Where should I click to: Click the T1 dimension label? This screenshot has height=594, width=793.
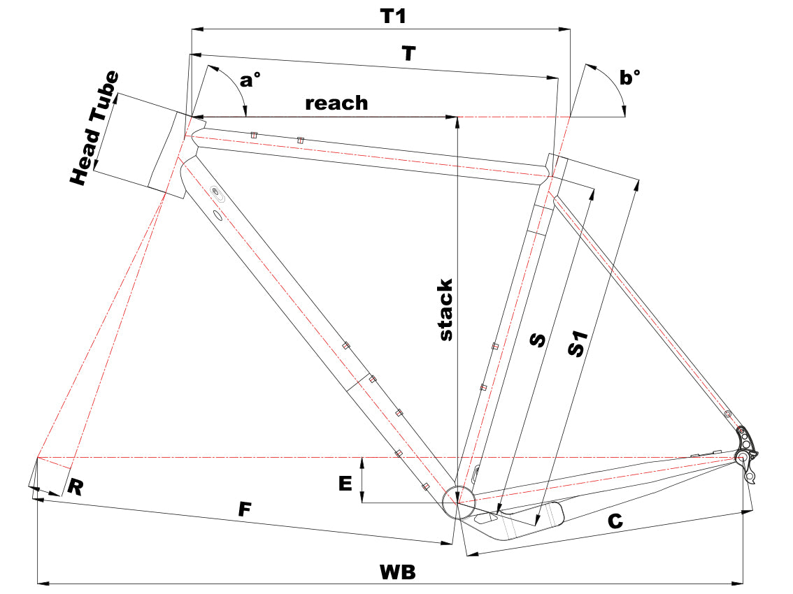pyautogui.click(x=393, y=17)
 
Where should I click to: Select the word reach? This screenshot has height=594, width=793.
pyautogui.click(x=336, y=103)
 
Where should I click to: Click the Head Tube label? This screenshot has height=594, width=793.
pyautogui.click(x=95, y=129)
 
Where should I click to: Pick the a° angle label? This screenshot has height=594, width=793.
pyautogui.click(x=250, y=80)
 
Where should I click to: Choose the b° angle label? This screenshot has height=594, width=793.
pyautogui.click(x=630, y=78)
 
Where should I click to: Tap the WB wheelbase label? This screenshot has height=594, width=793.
pyautogui.click(x=397, y=571)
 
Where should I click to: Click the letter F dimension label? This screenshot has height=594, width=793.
pyautogui.click(x=244, y=509)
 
